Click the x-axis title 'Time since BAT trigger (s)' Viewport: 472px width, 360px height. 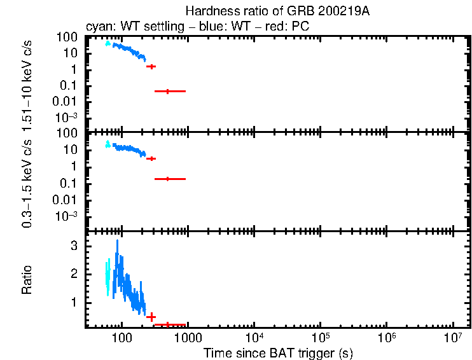click(x=277, y=352)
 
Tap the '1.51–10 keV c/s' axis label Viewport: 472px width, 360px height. click(x=27, y=86)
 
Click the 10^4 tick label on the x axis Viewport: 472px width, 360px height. click(x=254, y=336)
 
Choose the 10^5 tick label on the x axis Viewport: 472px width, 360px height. click(x=320, y=336)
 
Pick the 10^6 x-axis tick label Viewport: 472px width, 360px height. click(x=386, y=336)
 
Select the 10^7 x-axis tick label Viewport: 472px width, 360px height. click(x=452, y=336)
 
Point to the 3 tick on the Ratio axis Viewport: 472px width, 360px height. click(x=74, y=245)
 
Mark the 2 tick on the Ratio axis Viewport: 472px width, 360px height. click(x=74, y=273)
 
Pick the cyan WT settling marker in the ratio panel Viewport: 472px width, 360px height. click(x=108, y=273)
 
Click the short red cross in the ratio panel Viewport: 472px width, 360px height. click(x=151, y=317)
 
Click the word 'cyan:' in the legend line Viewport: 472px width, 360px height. click(x=99, y=27)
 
